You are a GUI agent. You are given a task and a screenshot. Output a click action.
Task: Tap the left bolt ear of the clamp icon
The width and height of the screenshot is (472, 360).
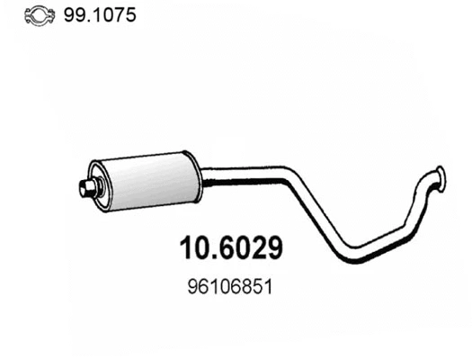(27, 16)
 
